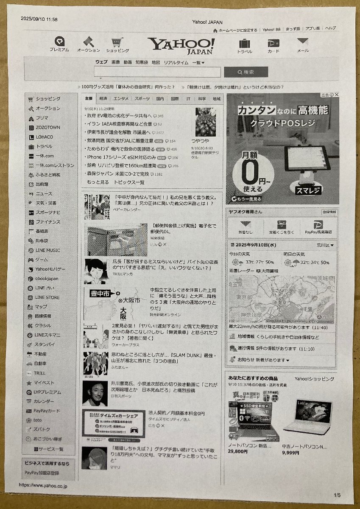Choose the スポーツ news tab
(x=142, y=98)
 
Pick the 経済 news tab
(x=103, y=98)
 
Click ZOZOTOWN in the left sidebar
(x=47, y=127)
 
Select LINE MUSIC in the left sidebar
(x=47, y=250)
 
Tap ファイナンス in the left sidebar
(x=47, y=222)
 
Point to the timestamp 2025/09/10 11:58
(x=39, y=19)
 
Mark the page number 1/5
(x=337, y=495)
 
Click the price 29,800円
(x=237, y=452)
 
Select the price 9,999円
(x=290, y=453)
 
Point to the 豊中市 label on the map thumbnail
(x=100, y=293)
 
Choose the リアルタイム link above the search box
(x=176, y=62)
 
